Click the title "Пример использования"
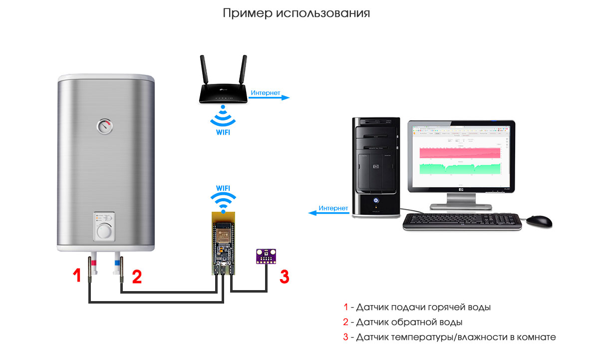[x=297, y=13]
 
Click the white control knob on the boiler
[x=105, y=231]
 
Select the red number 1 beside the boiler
[x=76, y=276]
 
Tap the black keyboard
[x=462, y=222]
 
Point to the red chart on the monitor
[x=459, y=153]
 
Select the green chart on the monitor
[x=459, y=169]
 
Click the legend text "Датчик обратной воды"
[x=409, y=322]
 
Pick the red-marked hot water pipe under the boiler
[x=93, y=265]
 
